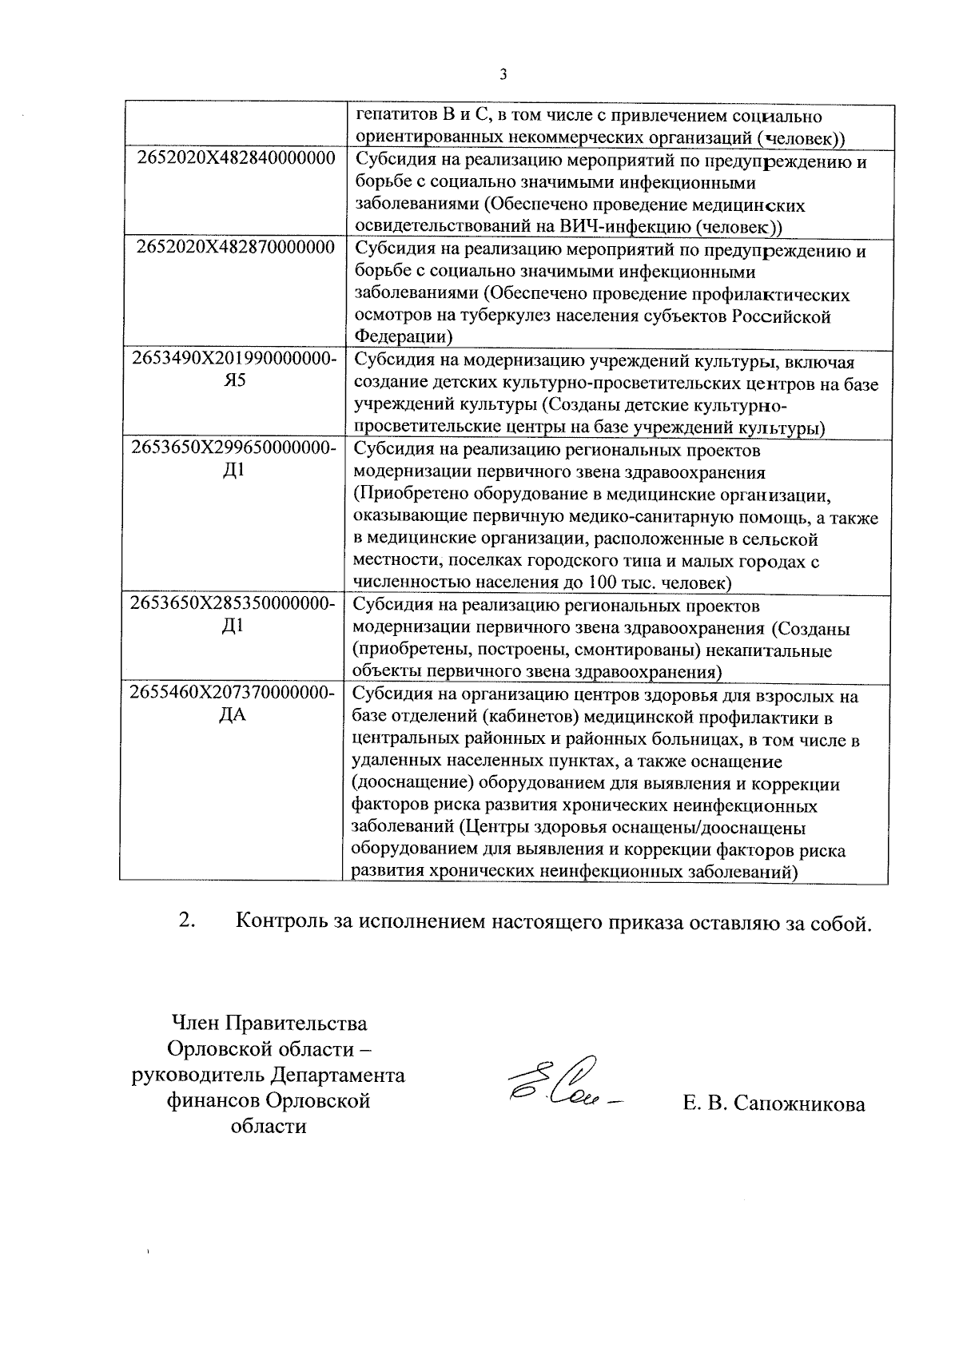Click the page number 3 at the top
pos(503,75)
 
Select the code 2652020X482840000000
pos(236,157)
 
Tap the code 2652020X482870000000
pos(236,247)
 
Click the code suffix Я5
pos(234,380)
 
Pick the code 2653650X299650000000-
pos(233,447)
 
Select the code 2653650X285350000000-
pos(233,603)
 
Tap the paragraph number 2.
pos(188,921)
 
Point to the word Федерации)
pos(404,337)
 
